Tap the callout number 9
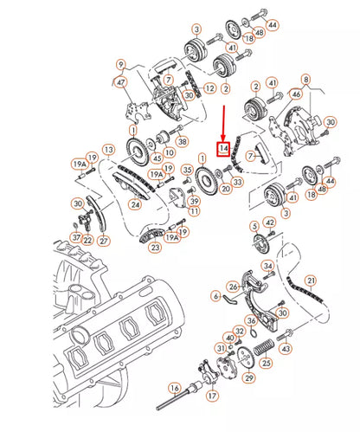tap(120, 63)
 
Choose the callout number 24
tap(135, 205)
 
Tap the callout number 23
tap(154, 247)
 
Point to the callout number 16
tap(175, 388)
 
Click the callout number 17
tap(211, 397)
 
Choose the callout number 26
tap(233, 286)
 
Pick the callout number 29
tap(249, 377)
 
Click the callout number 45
tap(156, 158)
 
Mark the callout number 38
tap(181, 141)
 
